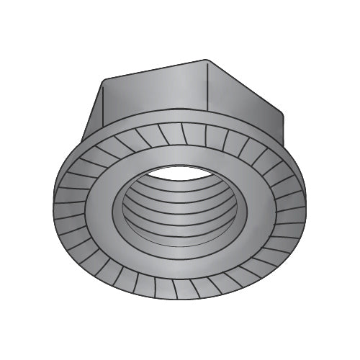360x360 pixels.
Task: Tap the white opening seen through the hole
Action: (184, 173)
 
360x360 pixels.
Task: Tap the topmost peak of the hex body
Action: (207, 60)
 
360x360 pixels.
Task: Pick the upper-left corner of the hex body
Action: (104, 78)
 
